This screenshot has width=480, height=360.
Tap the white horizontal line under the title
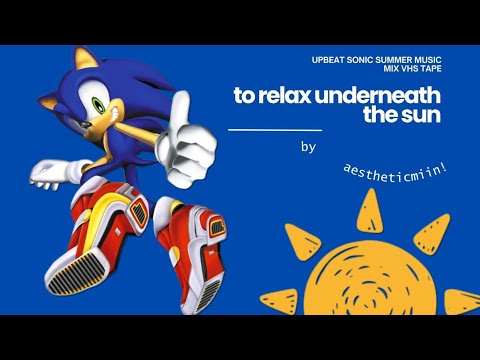click(x=275, y=130)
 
